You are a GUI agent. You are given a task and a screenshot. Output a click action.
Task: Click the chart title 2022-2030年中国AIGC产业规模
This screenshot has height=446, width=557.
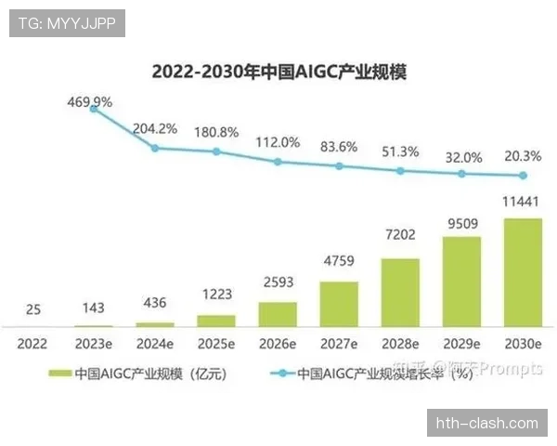point(278,72)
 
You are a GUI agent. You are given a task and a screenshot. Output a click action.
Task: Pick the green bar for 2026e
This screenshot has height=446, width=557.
point(278,313)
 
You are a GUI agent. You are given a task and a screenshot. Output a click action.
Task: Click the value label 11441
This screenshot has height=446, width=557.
point(523,202)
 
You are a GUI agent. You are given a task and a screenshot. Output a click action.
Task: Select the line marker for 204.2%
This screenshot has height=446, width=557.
point(156,148)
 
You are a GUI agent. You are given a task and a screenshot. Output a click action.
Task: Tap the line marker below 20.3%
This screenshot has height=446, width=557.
point(523,176)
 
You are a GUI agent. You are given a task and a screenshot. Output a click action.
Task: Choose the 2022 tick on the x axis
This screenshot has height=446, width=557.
point(33,343)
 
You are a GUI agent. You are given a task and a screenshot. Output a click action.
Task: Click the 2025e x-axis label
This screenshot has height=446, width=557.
point(216,343)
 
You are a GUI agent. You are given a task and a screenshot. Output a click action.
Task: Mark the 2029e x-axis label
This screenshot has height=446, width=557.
point(461,343)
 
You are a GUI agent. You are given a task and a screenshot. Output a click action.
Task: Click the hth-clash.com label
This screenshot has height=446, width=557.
point(487,423)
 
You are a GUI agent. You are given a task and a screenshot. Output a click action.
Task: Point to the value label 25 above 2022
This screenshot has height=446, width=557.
point(33,308)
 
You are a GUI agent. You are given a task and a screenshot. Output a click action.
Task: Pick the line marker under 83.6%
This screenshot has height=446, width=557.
point(339,166)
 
